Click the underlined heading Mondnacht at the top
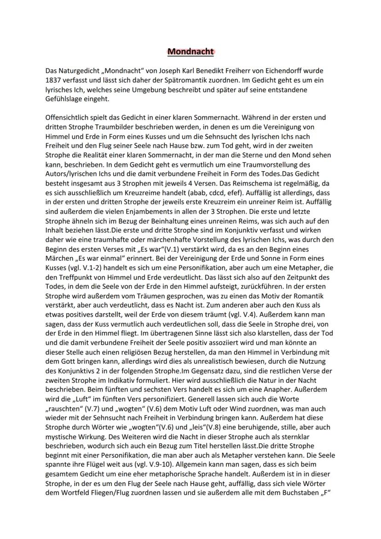tap(190, 51)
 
